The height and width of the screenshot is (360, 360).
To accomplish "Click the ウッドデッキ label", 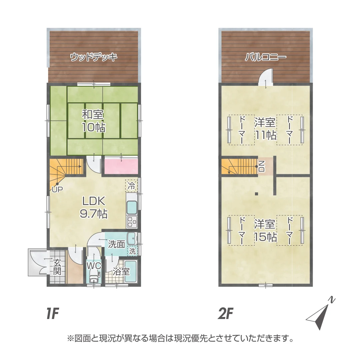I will click(94, 57).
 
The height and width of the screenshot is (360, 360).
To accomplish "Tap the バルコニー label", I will click(266, 57).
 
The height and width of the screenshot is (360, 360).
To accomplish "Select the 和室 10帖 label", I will click(94, 121).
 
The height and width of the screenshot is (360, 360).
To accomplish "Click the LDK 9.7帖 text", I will click(94, 207).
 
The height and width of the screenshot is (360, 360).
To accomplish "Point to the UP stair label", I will click(57, 189).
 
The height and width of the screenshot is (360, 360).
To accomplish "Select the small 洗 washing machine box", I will click(132, 251).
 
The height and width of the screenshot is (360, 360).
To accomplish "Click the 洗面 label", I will click(117, 244).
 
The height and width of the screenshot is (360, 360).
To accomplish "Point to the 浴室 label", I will click(121, 271).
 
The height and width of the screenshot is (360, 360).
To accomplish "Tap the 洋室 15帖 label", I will click(266, 230).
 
